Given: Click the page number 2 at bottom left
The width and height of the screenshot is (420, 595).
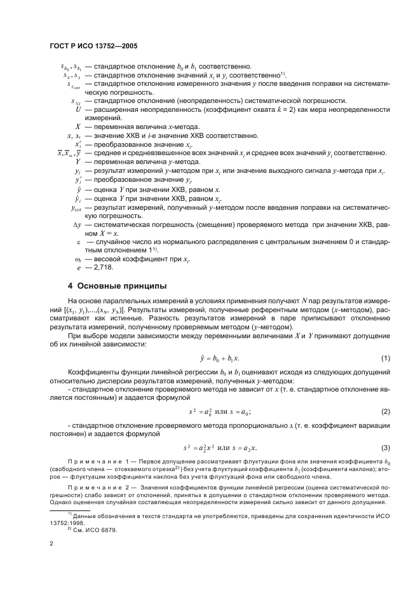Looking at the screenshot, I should [51, 544].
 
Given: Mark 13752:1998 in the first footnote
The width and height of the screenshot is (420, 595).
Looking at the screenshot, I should [68, 521].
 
